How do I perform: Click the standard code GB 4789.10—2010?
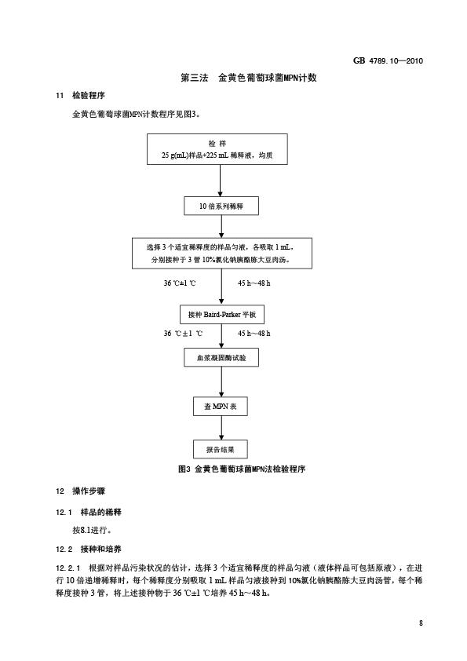coord(388,60)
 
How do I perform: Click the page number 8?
coord(421,623)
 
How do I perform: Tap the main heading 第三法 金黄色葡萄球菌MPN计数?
coord(249,78)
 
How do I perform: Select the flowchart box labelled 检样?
coord(217,149)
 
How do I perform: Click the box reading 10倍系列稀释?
coord(221,206)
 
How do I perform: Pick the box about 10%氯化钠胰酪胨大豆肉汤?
coord(221,253)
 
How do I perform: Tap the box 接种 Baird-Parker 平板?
coord(221,315)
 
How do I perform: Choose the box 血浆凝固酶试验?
coord(221,357)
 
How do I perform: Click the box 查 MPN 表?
coord(221,407)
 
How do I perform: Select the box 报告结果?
coord(221,449)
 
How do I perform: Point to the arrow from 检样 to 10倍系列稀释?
coord(220,181)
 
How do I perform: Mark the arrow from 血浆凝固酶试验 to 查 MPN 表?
coord(221,382)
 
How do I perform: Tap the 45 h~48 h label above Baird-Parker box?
coord(254,283)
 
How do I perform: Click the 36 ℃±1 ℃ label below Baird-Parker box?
coord(183,334)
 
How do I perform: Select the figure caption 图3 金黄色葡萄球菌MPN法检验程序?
coord(242,469)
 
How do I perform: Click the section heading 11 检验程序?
coord(80,96)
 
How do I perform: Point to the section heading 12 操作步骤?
coord(80,491)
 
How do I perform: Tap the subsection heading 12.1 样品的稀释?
coord(89,512)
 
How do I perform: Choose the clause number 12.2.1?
coord(67,568)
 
